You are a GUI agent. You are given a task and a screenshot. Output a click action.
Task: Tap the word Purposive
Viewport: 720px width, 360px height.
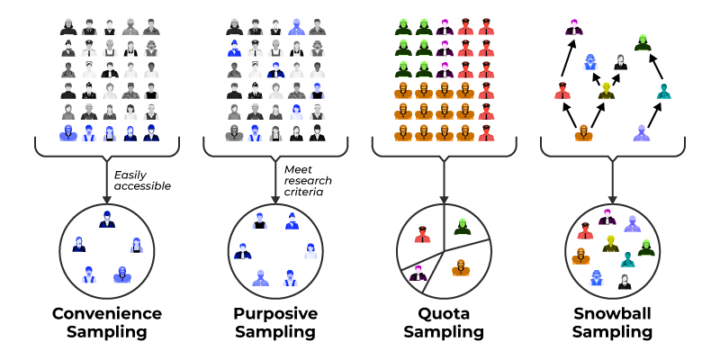tap(275, 314)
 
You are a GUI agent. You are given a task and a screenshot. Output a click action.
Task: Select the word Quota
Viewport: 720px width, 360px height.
tap(443, 314)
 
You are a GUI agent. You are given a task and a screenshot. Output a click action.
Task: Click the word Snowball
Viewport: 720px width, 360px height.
tap(612, 314)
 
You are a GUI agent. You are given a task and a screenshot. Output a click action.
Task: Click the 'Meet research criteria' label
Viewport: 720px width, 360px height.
tap(308, 179)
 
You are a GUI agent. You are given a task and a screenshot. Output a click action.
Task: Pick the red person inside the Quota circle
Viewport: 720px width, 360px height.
tap(422, 235)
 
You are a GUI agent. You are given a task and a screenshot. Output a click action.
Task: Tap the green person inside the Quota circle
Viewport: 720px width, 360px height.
tap(462, 228)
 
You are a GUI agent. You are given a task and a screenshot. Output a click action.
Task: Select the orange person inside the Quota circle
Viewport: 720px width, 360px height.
tap(459, 267)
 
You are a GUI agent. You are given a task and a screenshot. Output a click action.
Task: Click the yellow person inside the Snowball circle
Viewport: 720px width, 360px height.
tap(611, 244)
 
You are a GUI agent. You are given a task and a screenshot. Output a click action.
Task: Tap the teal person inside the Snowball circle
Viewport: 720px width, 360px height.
tap(628, 260)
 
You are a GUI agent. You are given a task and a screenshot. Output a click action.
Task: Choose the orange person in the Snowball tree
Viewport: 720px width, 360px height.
tap(583, 132)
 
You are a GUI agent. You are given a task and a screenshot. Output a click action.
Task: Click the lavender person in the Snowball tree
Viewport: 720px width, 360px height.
tap(640, 133)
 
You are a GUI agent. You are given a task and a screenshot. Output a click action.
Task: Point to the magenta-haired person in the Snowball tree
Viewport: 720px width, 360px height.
tap(573, 28)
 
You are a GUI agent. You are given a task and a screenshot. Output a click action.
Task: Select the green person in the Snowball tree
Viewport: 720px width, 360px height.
tap(642, 41)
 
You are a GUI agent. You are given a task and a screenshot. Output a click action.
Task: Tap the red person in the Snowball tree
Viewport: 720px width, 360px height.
tap(562, 89)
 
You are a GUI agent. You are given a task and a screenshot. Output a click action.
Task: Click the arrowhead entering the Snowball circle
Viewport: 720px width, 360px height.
tap(612, 199)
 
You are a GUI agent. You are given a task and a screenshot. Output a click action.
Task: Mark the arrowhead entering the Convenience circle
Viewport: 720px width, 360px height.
tap(106, 199)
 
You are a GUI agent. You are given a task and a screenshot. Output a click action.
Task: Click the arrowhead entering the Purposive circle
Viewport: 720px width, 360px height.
tap(274, 199)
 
